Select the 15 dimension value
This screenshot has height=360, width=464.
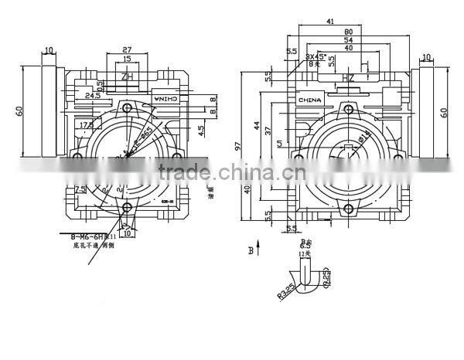coord(126,59)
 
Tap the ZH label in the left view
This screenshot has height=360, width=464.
coord(128,76)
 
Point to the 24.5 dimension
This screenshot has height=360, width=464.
coord(94,96)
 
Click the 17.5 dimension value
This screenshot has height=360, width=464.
coord(85,124)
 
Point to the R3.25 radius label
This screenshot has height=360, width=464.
coord(284,294)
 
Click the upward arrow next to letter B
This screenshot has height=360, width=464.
coord(259,249)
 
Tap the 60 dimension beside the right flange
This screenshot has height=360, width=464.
coord(444,111)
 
